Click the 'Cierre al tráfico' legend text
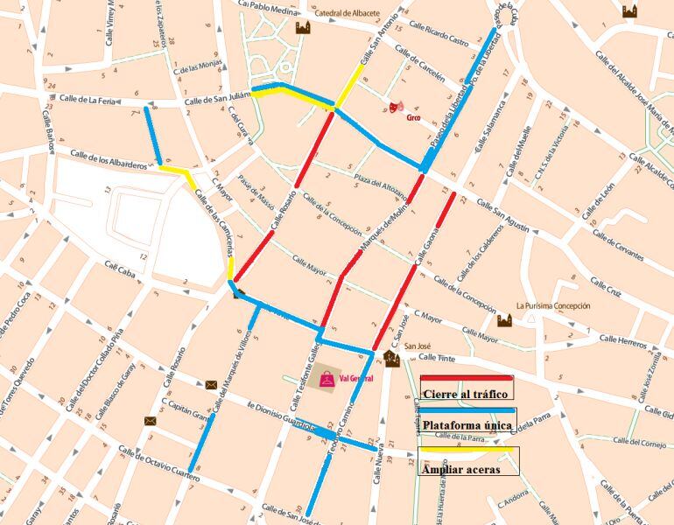[x=465, y=394]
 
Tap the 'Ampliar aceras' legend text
[x=461, y=469]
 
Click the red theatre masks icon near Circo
[x=396, y=108]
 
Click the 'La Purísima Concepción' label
[x=552, y=306]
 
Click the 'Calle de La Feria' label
[x=88, y=100]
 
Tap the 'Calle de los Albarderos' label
[x=109, y=160]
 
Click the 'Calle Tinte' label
[x=439, y=357]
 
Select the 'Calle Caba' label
[x=122, y=270]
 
